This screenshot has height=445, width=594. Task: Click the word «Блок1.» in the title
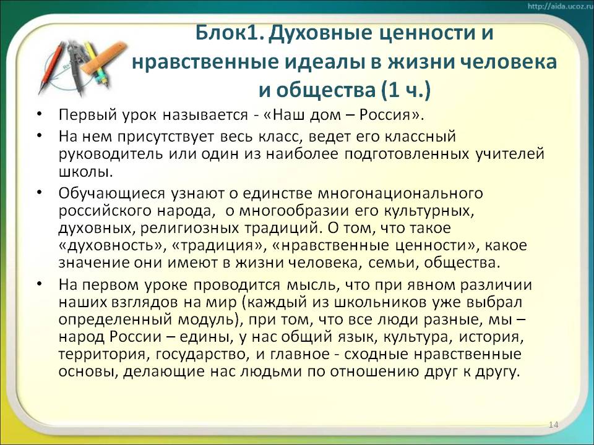tap(230, 33)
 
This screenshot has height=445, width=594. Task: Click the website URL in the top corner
tap(559, 6)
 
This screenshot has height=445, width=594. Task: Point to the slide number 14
tap(553, 425)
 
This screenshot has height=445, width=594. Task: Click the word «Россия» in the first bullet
tap(385, 114)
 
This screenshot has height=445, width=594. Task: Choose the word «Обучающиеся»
tap(112, 193)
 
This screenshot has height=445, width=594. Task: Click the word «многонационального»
tap(400, 193)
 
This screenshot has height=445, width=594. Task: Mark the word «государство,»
tap(203, 355)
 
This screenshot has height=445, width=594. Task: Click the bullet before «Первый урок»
tap(40, 114)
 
